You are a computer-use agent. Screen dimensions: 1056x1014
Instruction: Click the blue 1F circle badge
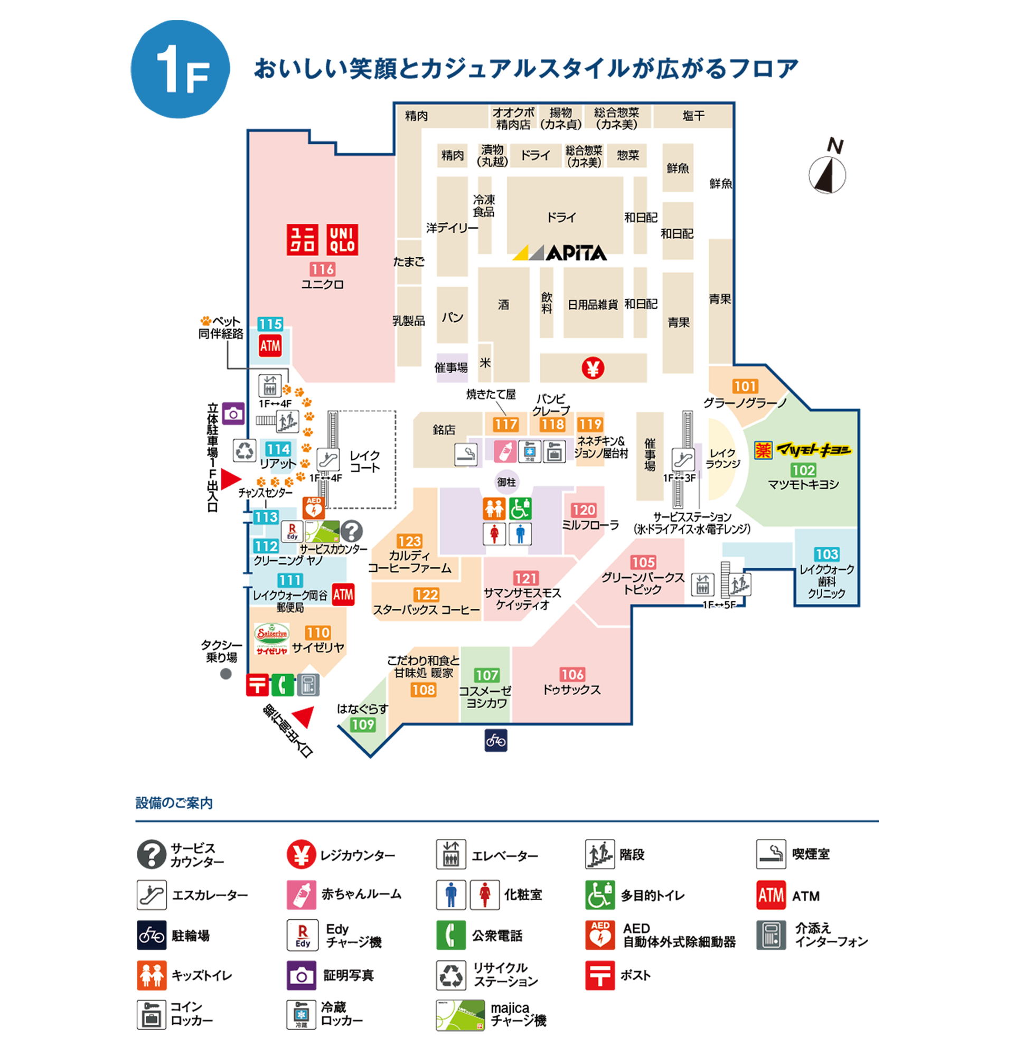[x=180, y=69]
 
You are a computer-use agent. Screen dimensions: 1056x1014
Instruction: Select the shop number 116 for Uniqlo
[x=322, y=269]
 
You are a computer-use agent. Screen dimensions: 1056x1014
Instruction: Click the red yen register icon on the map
[x=593, y=368]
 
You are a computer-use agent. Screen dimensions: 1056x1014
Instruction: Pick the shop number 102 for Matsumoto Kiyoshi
[x=803, y=470]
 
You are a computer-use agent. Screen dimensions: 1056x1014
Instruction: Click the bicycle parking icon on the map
[x=495, y=740]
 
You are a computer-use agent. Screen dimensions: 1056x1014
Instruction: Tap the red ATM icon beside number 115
[x=270, y=346]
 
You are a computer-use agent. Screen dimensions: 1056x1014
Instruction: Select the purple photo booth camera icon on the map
[x=233, y=413]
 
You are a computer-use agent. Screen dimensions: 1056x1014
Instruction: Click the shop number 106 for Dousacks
[x=571, y=674]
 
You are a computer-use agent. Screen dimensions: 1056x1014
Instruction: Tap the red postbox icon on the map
[x=257, y=685]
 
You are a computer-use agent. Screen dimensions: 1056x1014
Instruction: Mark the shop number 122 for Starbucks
[x=426, y=595]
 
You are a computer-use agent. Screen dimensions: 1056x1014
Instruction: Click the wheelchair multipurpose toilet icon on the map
[x=520, y=508]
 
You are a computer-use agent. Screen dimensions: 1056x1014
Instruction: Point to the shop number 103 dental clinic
[x=826, y=554]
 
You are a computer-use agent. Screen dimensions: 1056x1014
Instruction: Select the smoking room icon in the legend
[x=771, y=854]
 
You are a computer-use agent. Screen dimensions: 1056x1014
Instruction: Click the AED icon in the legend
[x=599, y=935]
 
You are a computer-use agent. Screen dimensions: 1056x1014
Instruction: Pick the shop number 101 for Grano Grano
[x=745, y=386]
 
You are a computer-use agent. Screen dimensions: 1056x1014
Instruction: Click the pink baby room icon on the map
[x=505, y=451]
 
